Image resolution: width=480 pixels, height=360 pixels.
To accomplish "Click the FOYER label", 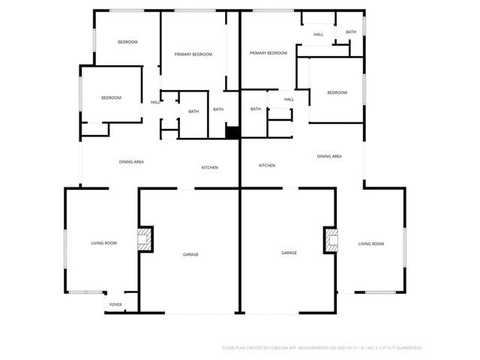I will click(115, 304).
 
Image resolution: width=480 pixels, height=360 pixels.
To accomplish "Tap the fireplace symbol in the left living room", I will click(144, 239).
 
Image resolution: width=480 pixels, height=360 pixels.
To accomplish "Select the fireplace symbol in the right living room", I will click(331, 239).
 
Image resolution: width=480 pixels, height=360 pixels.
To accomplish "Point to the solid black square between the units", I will click(232, 133).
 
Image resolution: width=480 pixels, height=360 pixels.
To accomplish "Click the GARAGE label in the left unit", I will click(191, 254).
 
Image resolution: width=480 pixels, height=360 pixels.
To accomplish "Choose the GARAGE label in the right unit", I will click(289, 253).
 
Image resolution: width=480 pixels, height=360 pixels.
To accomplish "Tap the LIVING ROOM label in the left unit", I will click(104, 244).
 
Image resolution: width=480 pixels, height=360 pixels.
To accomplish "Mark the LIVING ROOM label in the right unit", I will click(370, 244).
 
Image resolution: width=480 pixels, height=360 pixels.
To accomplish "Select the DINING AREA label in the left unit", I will click(131, 161).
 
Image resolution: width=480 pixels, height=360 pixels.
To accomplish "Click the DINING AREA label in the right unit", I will click(329, 156).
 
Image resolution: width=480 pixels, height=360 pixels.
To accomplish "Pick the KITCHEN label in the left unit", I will click(209, 167).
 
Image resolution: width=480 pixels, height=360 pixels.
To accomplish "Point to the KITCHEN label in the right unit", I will click(267, 165).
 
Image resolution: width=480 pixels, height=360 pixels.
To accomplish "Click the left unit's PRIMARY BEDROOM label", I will click(193, 54).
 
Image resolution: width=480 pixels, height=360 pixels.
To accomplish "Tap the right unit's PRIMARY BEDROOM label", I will click(268, 53).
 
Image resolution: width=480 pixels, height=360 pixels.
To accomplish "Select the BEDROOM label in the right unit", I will click(337, 92).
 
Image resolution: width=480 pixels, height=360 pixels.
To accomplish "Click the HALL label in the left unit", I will click(155, 102).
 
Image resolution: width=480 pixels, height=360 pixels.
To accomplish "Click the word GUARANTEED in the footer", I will click(406, 348).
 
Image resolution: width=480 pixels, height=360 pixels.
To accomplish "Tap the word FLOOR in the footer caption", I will click(229, 348).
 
